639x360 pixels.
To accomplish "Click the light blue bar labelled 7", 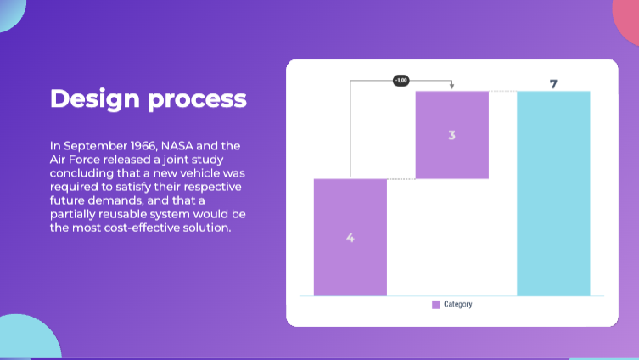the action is point(553,194).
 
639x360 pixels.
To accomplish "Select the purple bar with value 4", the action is point(350,237).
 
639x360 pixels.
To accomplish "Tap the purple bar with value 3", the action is point(452,135).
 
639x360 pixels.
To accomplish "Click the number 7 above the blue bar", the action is point(553,84).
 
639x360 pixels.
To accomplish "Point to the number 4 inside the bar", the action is point(350,238).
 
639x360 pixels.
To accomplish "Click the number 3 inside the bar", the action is point(451,135).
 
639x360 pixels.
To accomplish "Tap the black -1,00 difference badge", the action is point(401,81).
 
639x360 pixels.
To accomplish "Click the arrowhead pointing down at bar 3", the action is point(452,86).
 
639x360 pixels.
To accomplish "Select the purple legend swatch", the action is point(436,305).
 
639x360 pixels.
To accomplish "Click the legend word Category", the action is point(458,304).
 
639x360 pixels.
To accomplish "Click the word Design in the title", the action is point(94,99).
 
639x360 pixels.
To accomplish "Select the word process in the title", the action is point(197,100).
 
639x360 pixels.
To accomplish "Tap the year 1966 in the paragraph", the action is point(143,146).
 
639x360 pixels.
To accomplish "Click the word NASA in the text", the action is point(177,146).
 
